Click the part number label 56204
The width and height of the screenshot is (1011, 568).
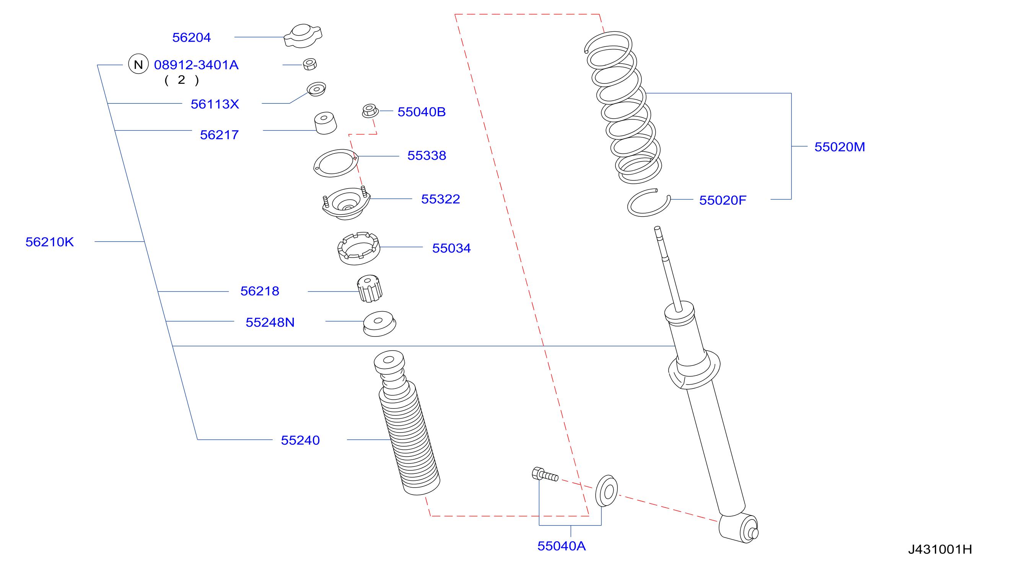pyautogui.click(x=192, y=37)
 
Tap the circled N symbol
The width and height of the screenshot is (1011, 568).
pyautogui.click(x=138, y=64)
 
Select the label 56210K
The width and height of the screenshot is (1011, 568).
pyautogui.click(x=49, y=242)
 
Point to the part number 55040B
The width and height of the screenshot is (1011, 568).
pyautogui.click(x=422, y=112)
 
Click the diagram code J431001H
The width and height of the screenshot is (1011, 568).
pyautogui.click(x=940, y=549)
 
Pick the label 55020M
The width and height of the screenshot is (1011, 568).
pyautogui.click(x=840, y=147)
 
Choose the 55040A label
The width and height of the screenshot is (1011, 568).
pyautogui.click(x=561, y=546)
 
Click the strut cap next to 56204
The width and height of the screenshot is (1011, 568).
pyautogui.click(x=303, y=36)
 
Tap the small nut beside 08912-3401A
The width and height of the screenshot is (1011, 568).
pyautogui.click(x=310, y=64)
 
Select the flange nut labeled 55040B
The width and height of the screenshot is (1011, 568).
pyautogui.click(x=370, y=110)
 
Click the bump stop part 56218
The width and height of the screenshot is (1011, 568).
pyautogui.click(x=369, y=289)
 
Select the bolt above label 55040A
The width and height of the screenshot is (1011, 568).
pyautogui.click(x=545, y=475)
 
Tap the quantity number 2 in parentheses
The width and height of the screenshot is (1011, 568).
pyautogui.click(x=181, y=80)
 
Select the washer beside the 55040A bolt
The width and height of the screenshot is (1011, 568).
pyautogui.click(x=606, y=491)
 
